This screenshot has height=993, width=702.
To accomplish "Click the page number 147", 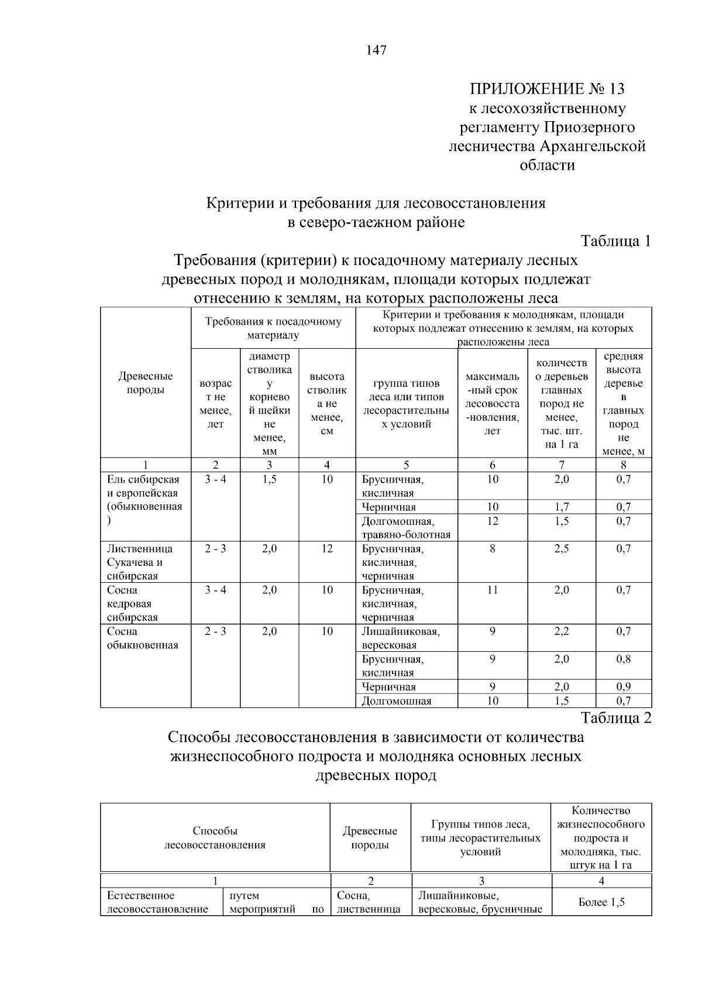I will tap(376, 50).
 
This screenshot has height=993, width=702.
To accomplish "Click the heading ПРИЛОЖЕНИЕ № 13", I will tap(547, 89).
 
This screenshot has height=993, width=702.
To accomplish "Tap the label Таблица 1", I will tap(615, 241).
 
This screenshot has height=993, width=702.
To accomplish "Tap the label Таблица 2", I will tap(615, 718).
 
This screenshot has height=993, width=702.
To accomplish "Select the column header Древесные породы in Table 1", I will tap(146, 383).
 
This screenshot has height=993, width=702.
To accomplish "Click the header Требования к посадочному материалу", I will tap(273, 328).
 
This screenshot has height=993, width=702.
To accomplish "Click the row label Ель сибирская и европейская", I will tap(144, 493).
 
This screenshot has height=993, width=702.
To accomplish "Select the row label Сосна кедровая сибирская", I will tap(132, 604).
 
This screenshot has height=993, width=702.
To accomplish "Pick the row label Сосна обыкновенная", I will tap(142, 638).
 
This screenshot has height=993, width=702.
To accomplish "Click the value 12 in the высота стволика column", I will tap(327, 549).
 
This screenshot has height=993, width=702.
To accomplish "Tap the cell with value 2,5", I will tap(562, 549).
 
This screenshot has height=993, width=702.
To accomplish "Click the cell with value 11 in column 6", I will tap(493, 590).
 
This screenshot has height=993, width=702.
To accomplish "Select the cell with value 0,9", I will tap(624, 687).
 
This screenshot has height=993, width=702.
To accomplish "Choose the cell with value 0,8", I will tap(624, 659).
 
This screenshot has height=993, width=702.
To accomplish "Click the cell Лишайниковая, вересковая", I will tap(401, 638).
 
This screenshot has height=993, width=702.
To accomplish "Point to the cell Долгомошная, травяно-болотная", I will tap(405, 528).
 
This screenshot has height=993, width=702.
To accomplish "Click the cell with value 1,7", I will tap(562, 507).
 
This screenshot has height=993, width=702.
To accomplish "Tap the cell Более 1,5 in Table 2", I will tap(601, 902).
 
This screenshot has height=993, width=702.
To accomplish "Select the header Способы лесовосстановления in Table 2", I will tap(215, 838).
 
